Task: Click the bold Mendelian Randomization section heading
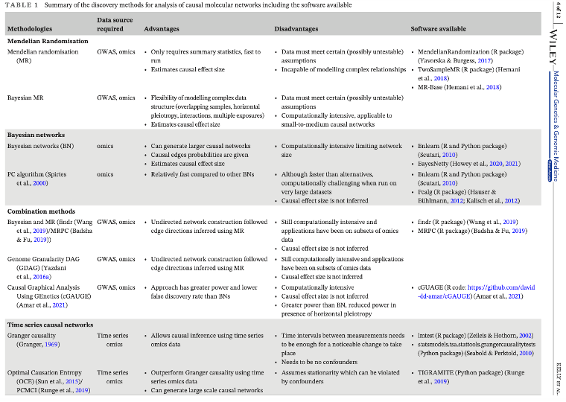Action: pos(48,41)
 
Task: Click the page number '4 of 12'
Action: pos(559,12)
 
